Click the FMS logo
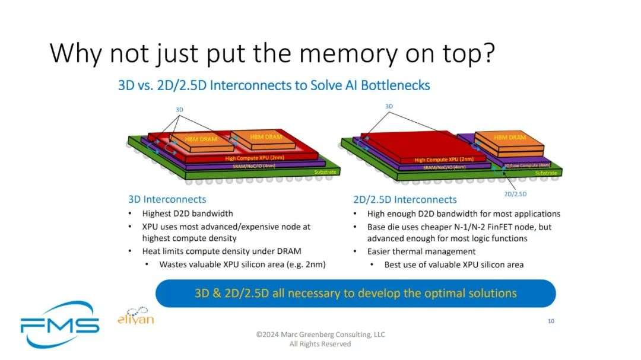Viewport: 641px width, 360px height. tap(60, 324)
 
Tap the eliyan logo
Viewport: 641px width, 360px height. tap(136, 316)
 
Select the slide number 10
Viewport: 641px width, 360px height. tap(551, 321)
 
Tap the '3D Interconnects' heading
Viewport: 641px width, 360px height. tap(167, 199)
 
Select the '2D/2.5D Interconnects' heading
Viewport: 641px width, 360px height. tap(405, 199)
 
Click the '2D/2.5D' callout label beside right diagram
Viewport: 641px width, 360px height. tap(515, 194)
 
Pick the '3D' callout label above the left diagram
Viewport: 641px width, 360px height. tap(179, 110)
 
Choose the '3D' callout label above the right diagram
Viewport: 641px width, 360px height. tap(389, 106)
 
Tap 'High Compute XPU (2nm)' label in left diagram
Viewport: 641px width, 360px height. tap(254, 158)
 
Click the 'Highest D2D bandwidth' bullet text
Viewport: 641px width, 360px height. tap(188, 214)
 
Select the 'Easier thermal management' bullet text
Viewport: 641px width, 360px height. tap(421, 251)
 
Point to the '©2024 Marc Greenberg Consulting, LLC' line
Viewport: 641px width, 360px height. tap(320, 334)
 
